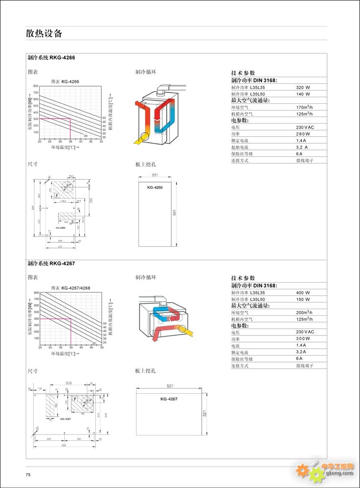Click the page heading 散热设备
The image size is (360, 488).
pyautogui.click(x=44, y=33)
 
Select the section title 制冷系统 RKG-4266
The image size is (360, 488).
pyautogui.click(x=51, y=58)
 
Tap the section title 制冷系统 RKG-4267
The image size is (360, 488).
pyautogui.click(x=51, y=263)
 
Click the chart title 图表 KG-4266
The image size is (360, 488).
pyautogui.click(x=65, y=81)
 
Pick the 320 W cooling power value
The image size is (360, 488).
pyautogui.click(x=303, y=88)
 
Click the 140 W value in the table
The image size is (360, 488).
pyautogui.click(x=303, y=94)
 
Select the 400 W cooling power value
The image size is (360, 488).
pyautogui.click(x=303, y=293)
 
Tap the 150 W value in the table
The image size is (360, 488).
pyautogui.click(x=303, y=299)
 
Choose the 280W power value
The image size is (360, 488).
pyautogui.click(x=303, y=134)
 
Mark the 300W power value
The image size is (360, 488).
pyautogui.click(x=303, y=338)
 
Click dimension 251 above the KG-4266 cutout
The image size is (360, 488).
pyautogui.click(x=155, y=176)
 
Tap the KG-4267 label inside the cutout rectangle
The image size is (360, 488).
pyautogui.click(x=169, y=399)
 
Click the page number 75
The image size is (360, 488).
pyautogui.click(x=28, y=475)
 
